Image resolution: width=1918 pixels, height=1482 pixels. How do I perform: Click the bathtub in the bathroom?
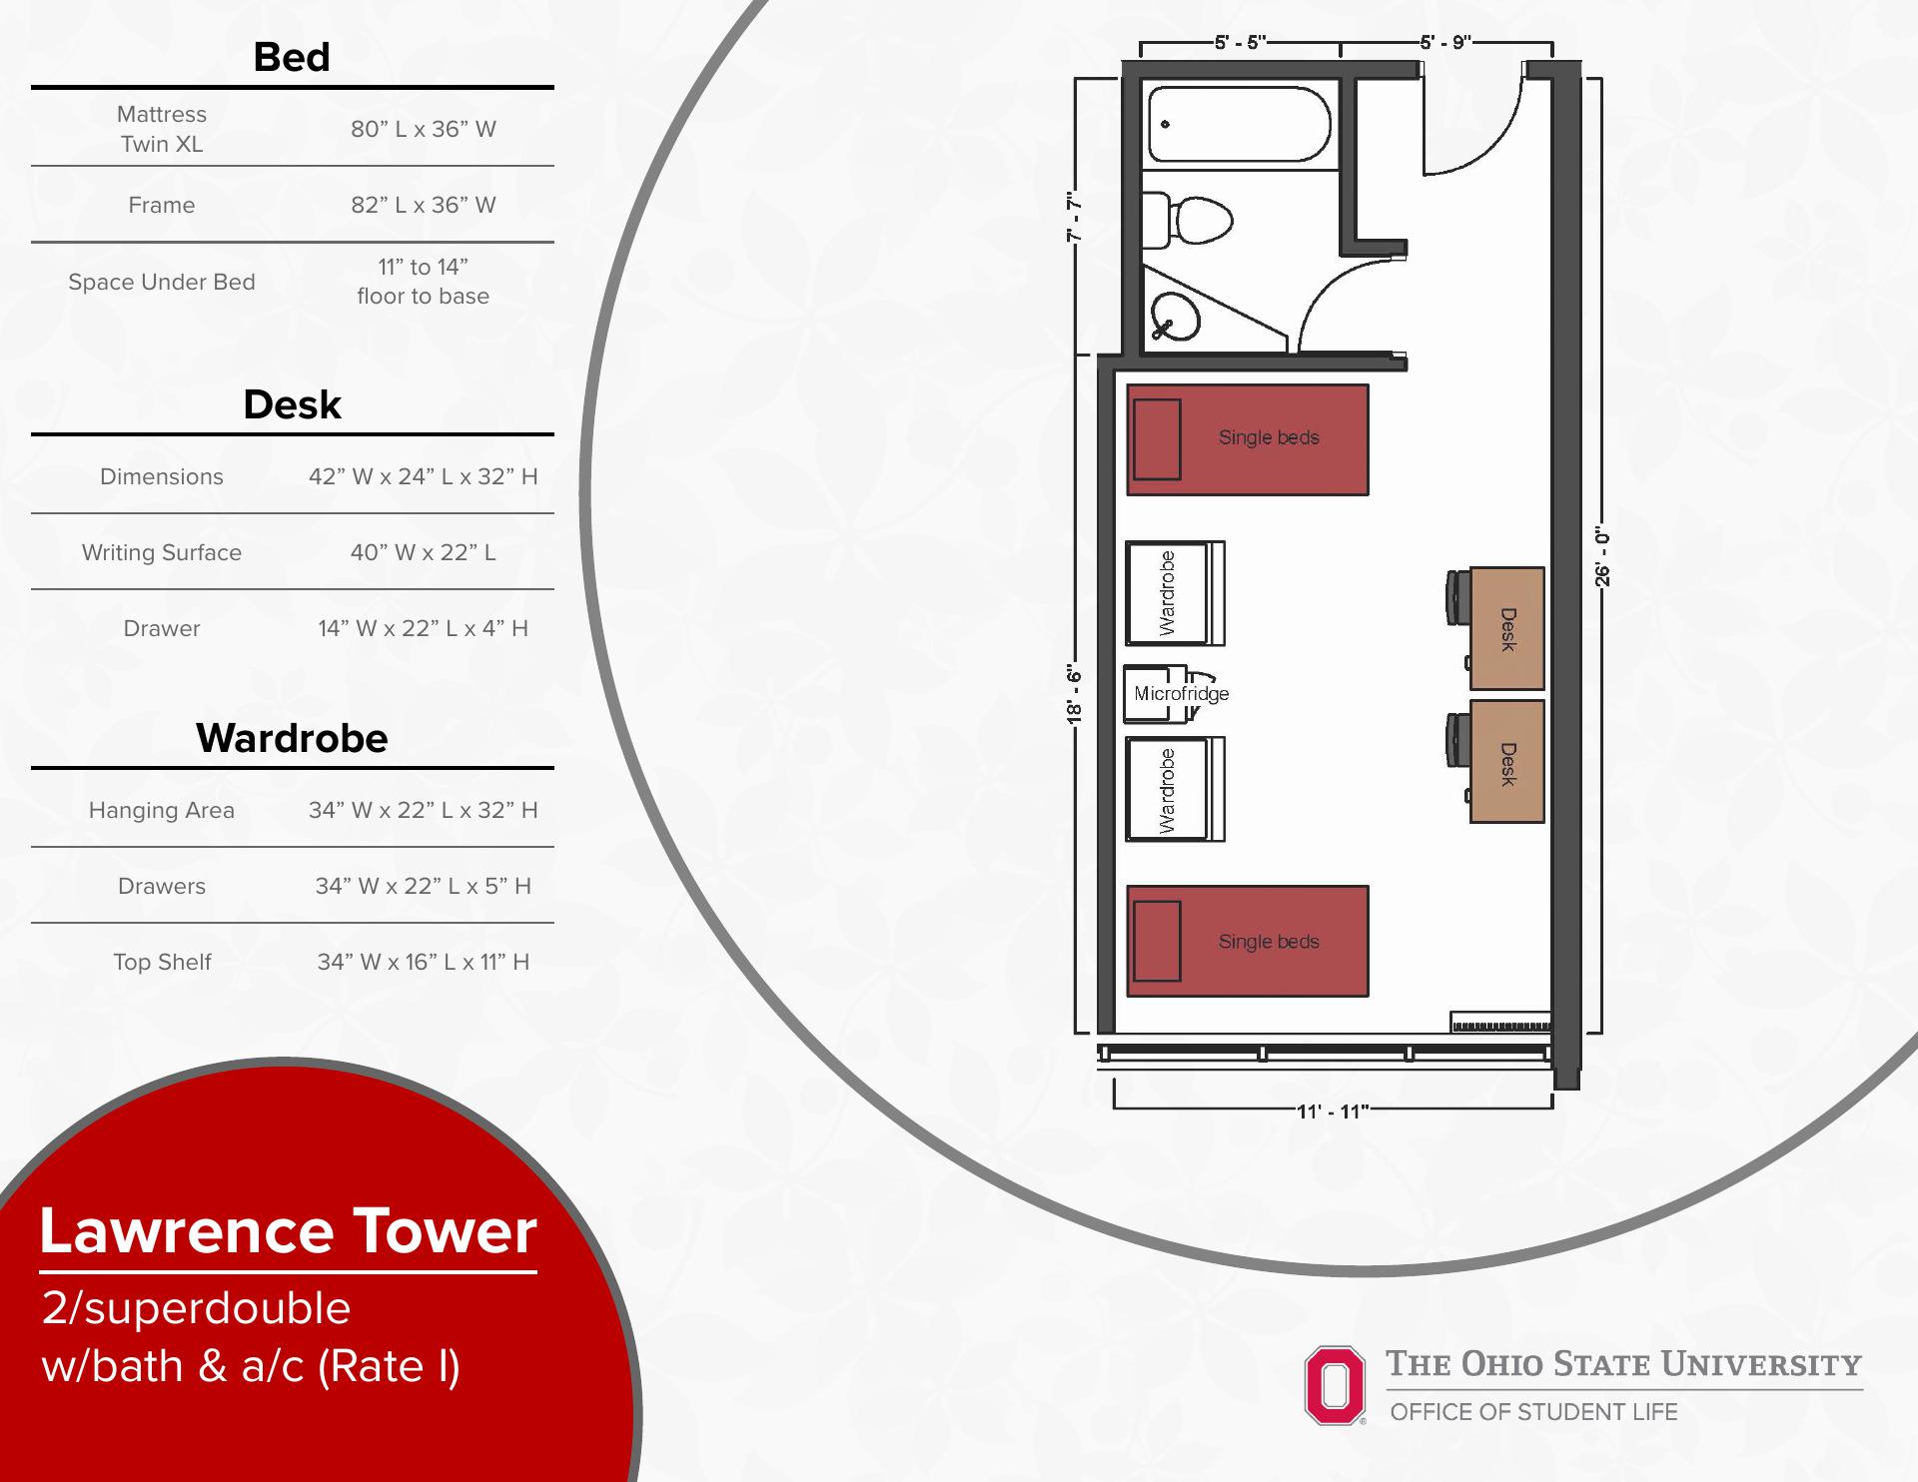click(x=1239, y=124)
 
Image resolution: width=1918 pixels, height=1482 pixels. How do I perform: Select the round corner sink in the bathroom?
click(x=1175, y=316)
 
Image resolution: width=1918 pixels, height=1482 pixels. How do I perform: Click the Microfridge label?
click(x=1181, y=693)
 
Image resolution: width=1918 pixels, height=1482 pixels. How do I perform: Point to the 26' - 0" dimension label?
click(x=1602, y=556)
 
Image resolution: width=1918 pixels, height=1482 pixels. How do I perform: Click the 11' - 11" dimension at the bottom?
click(x=1333, y=1111)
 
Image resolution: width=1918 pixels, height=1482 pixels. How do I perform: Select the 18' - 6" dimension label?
click(x=1074, y=693)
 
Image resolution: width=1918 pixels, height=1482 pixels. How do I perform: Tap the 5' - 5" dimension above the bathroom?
click(x=1241, y=42)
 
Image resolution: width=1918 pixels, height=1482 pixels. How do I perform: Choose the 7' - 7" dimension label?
click(x=1074, y=217)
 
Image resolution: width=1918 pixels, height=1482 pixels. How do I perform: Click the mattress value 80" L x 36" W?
click(x=424, y=129)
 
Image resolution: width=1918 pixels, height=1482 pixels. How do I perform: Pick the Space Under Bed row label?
click(x=162, y=282)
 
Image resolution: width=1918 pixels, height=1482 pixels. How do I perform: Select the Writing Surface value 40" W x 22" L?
click(x=424, y=552)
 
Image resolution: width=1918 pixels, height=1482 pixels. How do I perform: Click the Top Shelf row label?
click(x=162, y=962)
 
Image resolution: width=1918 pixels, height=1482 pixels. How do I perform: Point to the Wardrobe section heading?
click(x=292, y=738)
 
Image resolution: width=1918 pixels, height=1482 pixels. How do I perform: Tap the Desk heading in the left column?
click(x=292, y=404)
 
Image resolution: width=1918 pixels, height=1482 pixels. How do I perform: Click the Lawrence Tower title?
click(x=288, y=1230)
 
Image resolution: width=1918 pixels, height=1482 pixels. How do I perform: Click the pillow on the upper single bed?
click(x=1157, y=439)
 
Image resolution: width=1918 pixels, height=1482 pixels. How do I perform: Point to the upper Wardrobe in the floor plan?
click(x=1175, y=593)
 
